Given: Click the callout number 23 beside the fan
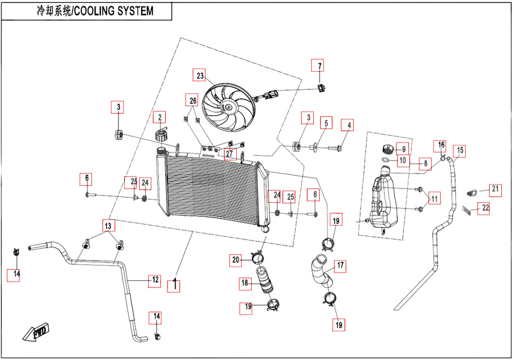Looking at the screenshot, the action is [x=200, y=75].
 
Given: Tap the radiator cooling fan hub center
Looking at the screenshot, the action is [x=227, y=107].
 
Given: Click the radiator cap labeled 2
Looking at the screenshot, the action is [x=160, y=135].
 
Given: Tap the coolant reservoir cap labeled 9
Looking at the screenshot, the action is [x=389, y=149].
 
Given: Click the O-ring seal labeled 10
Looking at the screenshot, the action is [x=387, y=160].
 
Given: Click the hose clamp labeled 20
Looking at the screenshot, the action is [x=258, y=258].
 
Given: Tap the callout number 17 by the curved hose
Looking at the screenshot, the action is [x=340, y=265].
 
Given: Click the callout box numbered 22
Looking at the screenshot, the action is [x=483, y=208].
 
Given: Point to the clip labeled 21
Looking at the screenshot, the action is [x=471, y=193].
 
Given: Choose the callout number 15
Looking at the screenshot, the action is [x=460, y=150].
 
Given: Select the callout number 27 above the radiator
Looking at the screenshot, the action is [x=229, y=153].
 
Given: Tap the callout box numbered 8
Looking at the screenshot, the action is [x=425, y=164].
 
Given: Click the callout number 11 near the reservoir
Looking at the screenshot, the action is [x=434, y=199].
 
